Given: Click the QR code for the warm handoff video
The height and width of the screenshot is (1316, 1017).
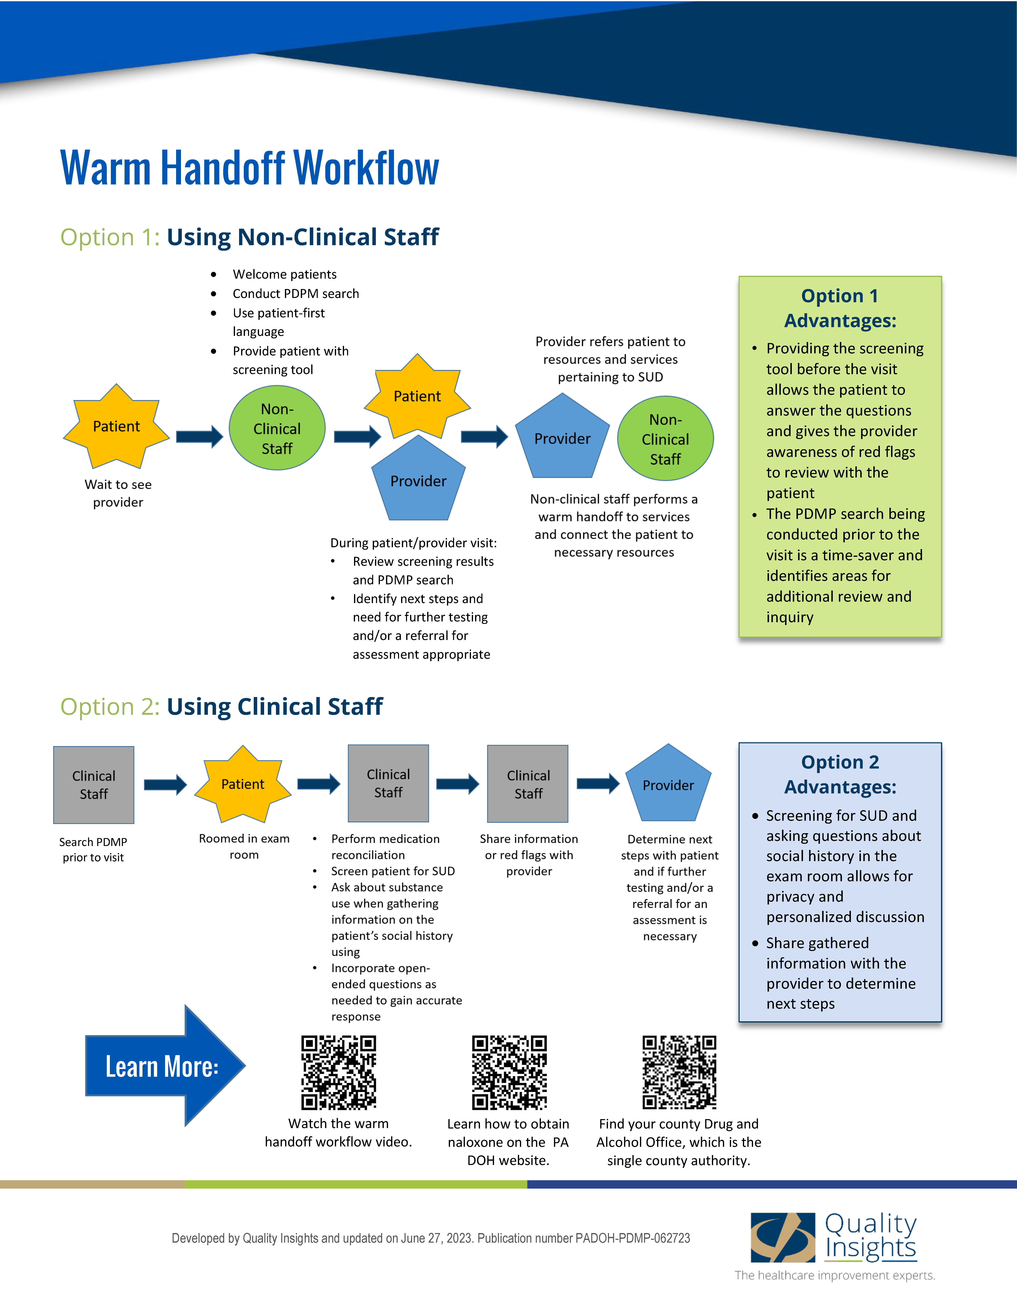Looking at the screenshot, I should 339,1073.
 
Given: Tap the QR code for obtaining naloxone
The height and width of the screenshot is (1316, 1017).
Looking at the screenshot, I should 509,1073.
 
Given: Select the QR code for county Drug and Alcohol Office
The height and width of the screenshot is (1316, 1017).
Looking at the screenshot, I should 679,1073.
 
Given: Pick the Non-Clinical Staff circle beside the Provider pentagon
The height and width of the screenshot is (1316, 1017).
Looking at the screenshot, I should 665,439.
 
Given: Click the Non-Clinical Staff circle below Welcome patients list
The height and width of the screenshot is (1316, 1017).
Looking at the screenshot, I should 277,428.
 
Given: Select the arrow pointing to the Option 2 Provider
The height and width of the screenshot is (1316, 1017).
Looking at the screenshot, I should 598,783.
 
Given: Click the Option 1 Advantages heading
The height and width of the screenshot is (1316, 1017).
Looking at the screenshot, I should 840,308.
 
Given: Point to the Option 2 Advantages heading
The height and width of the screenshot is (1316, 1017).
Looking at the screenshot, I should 840,774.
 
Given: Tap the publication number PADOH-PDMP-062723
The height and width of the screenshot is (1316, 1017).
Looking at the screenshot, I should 633,1238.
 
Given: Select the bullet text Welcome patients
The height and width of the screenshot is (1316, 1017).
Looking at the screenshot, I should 284,274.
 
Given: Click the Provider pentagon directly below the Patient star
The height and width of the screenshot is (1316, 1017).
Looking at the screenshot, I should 418,480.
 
